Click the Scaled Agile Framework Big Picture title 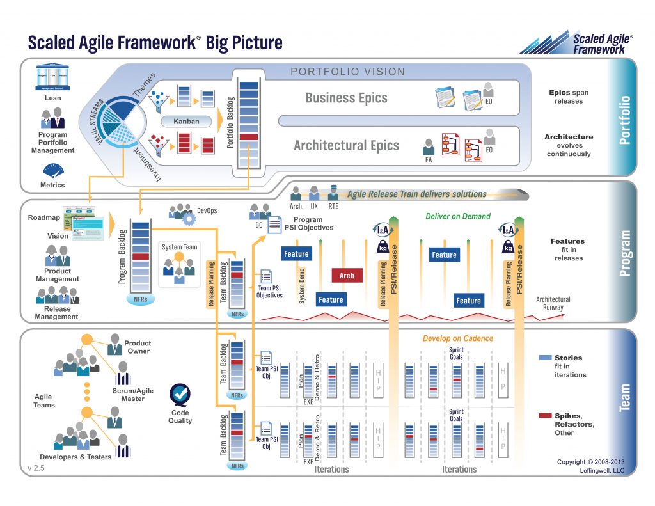tap(154, 42)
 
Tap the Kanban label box tap(186, 121)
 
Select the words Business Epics tap(346, 98)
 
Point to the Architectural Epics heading tap(346, 145)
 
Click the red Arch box tap(347, 276)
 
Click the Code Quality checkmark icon tap(180, 393)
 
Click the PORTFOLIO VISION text tap(348, 72)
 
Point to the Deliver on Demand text tap(458, 216)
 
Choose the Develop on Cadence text tap(458, 338)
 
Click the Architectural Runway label tap(553, 303)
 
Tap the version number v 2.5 tap(36, 468)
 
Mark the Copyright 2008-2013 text tap(589, 462)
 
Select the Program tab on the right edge tap(625, 253)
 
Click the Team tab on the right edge tap(625, 397)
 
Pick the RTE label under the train tap(333, 207)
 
